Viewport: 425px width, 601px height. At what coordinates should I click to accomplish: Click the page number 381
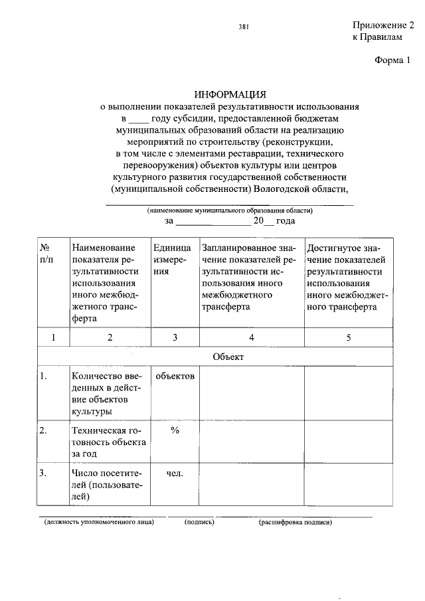point(243,27)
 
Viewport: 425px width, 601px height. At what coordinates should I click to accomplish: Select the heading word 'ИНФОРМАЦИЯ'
point(230,94)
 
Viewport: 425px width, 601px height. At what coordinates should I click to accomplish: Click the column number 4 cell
point(252,337)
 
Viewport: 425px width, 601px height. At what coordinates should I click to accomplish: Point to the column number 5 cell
point(349,337)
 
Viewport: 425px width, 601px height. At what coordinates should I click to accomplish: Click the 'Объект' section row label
point(228,357)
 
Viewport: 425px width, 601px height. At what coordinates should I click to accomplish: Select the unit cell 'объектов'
point(175,377)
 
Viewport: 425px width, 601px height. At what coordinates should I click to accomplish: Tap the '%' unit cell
point(175,430)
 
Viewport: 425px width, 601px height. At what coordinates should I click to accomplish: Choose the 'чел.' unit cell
point(175,473)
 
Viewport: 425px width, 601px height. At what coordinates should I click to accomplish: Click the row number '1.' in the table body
point(43,377)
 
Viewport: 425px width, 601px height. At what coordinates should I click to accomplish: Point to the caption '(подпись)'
point(199,522)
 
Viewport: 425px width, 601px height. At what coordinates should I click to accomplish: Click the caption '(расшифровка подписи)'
point(295,522)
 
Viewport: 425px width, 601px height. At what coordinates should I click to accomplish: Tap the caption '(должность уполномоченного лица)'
point(99,522)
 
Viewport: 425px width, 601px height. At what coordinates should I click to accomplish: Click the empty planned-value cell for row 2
point(252,442)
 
